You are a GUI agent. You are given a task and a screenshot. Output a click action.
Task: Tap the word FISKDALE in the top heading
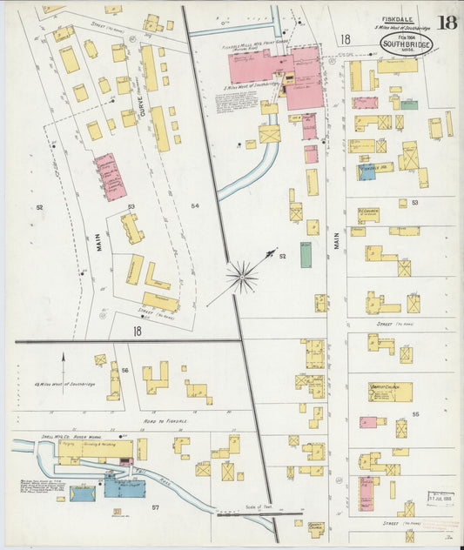(397, 17)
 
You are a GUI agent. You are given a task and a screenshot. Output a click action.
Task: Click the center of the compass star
(242, 278)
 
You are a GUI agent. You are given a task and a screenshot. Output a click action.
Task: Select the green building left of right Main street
(306, 254)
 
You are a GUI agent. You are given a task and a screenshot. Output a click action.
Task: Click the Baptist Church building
(389, 392)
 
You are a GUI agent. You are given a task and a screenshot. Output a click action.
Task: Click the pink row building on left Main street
(111, 176)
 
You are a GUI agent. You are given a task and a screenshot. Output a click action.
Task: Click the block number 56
(125, 370)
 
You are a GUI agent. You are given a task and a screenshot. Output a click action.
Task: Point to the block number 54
(195, 205)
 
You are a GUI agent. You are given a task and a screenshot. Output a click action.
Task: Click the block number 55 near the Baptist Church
(415, 413)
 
